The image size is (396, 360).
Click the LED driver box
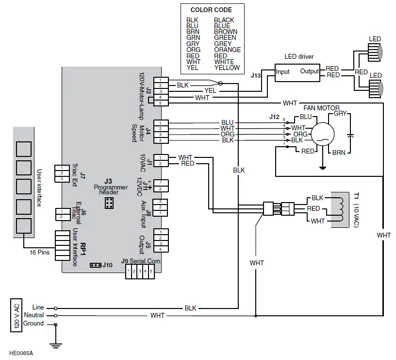297,71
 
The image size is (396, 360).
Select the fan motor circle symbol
322,132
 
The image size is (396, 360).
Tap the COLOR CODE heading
211,10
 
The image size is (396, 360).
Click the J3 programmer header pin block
110,203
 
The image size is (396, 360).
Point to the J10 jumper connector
96,265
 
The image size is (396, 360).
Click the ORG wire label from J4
227,134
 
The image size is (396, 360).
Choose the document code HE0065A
20,353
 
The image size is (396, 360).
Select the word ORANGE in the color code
227,50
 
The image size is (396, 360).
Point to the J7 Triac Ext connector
61,173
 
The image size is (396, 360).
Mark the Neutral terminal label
35,315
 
